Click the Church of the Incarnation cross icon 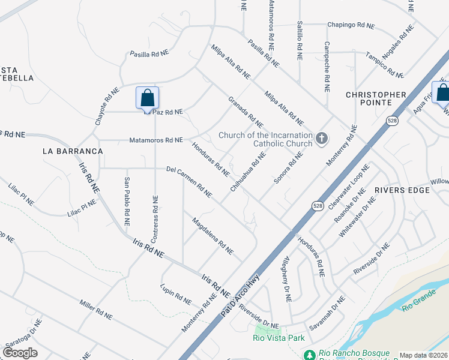pyautogui.click(x=322, y=139)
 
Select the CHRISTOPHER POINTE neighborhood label pyautogui.click(x=376, y=95)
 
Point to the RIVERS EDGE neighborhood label pyautogui.click(x=402, y=190)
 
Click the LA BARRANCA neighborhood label pyautogui.click(x=69, y=151)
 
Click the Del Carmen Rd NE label pyautogui.click(x=189, y=182)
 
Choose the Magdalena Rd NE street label pyautogui.click(x=212, y=236)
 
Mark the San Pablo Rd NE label pyautogui.click(x=127, y=202)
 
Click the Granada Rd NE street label pyautogui.click(x=246, y=112)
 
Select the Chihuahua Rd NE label pyautogui.click(x=247, y=172)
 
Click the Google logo pyautogui.click(x=20, y=352)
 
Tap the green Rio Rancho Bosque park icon pyautogui.click(x=309, y=355)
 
